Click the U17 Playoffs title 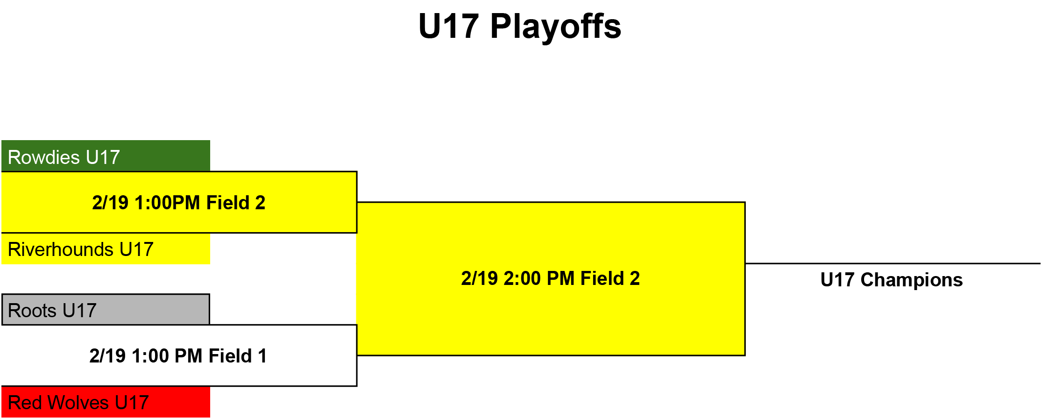click(520, 26)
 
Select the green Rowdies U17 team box click(106, 156)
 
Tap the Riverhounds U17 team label click(81, 249)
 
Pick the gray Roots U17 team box click(106, 309)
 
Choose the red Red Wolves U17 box click(106, 402)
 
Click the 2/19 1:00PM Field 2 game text click(179, 203)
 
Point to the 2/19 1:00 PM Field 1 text click(178, 356)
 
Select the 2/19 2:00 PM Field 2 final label click(551, 278)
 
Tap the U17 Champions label click(892, 280)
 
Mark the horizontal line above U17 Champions click(893, 263)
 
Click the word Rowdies click(44, 157)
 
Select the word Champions click(912, 280)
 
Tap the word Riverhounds click(61, 249)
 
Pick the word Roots click(32, 311)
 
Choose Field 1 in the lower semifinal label click(238, 356)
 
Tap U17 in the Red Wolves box click(132, 403)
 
